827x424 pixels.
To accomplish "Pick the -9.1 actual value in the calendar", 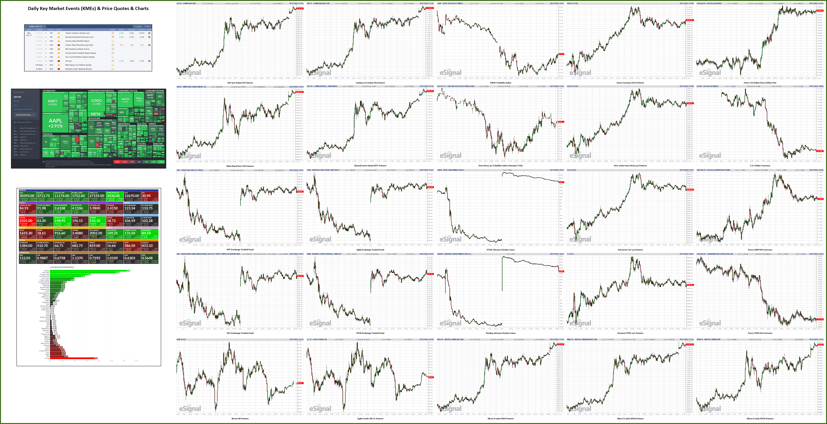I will click(121, 45).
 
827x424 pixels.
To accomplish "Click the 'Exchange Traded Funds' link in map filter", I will click(23, 109).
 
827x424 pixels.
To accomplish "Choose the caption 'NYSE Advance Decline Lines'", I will click(500, 250).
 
